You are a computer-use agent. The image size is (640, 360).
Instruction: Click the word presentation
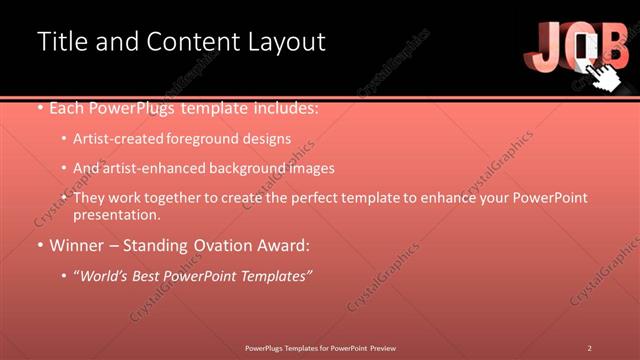(x=116, y=215)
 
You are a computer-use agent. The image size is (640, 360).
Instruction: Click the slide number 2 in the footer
(x=590, y=348)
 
